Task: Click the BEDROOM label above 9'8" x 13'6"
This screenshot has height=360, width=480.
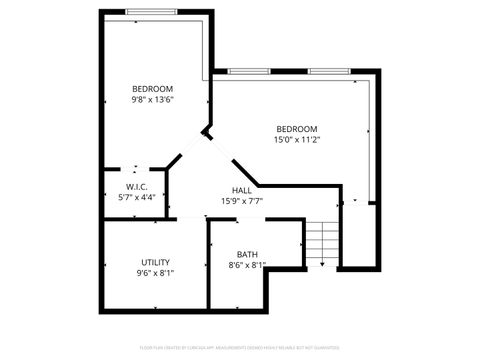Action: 152,89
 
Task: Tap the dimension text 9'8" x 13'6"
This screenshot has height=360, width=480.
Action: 152,100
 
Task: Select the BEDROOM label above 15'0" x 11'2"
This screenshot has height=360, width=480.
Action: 296,129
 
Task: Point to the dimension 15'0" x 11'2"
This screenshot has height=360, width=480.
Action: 296,140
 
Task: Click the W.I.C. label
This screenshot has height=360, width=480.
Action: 137,187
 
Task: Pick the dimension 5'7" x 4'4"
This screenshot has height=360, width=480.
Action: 137,198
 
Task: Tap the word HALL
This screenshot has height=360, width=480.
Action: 241,190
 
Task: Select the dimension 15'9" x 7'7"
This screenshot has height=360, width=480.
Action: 241,201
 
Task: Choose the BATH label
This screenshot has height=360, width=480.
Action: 246,254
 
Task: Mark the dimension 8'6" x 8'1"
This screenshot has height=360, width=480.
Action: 246,265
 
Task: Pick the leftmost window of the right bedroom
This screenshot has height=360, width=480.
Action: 246,71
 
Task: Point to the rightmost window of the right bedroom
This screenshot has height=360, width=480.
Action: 327,71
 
